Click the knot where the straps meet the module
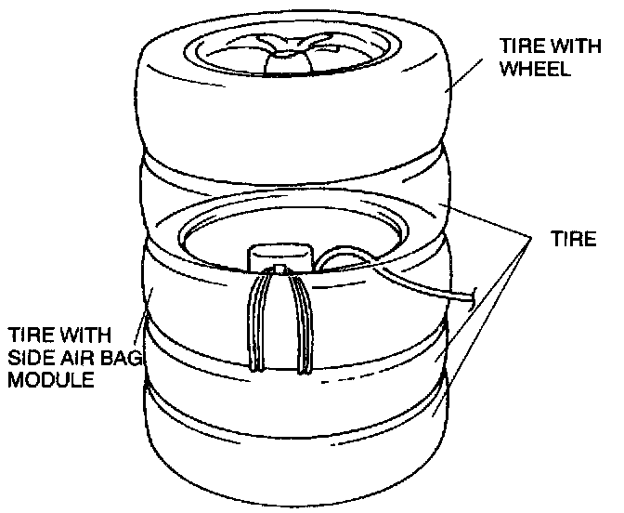(x=279, y=271)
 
